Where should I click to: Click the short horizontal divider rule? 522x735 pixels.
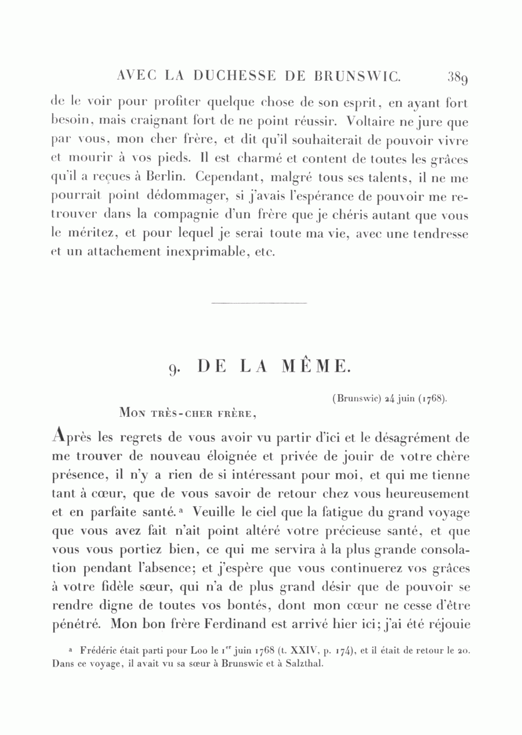point(260,302)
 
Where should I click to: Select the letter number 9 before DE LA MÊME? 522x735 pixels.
point(172,368)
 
